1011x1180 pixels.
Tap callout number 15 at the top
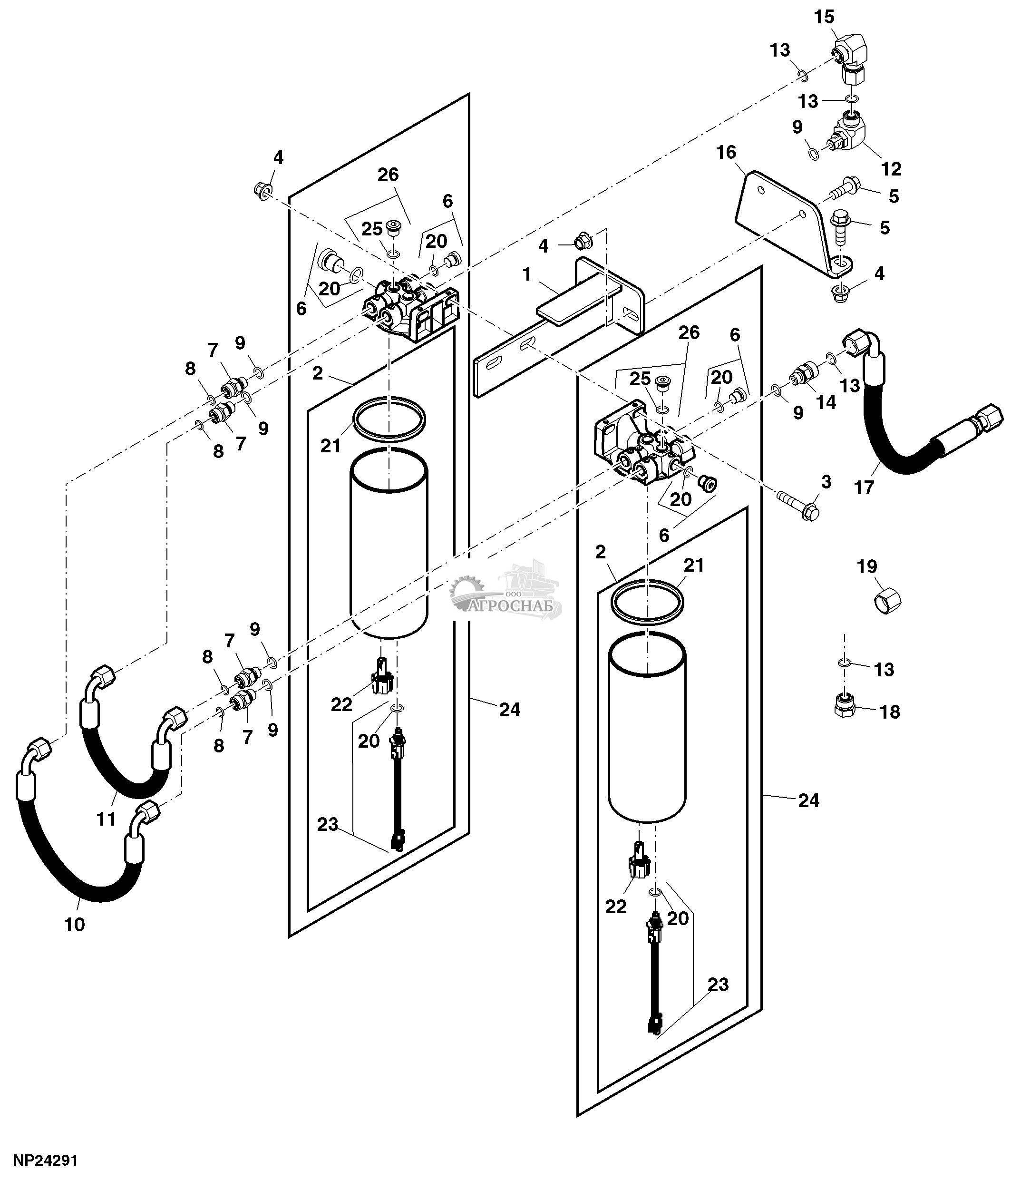[x=824, y=17]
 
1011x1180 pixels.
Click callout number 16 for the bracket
[x=726, y=152]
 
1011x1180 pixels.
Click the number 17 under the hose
[x=864, y=487]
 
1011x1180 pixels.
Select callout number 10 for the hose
[x=75, y=924]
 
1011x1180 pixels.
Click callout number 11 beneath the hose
[x=107, y=819]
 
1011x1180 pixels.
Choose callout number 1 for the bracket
[x=526, y=274]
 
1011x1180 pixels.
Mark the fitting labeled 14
[x=803, y=375]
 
